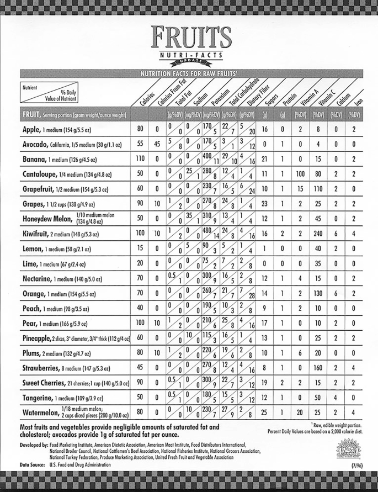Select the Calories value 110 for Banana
tap(140, 159)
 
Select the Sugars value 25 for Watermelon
tap(265, 412)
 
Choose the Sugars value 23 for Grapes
tap(265, 204)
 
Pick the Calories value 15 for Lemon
tap(140, 248)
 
